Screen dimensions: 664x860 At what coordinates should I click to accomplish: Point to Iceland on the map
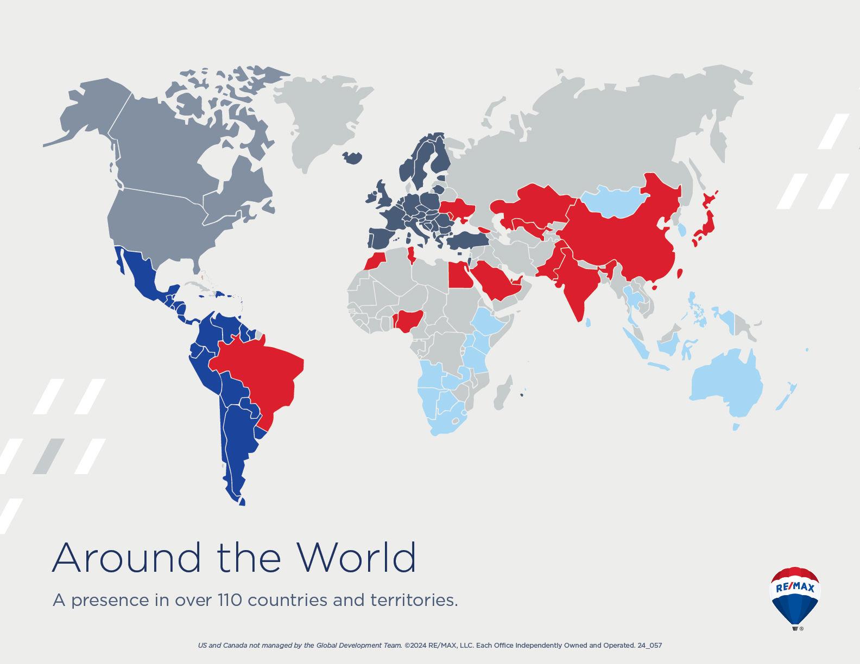[353, 157]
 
